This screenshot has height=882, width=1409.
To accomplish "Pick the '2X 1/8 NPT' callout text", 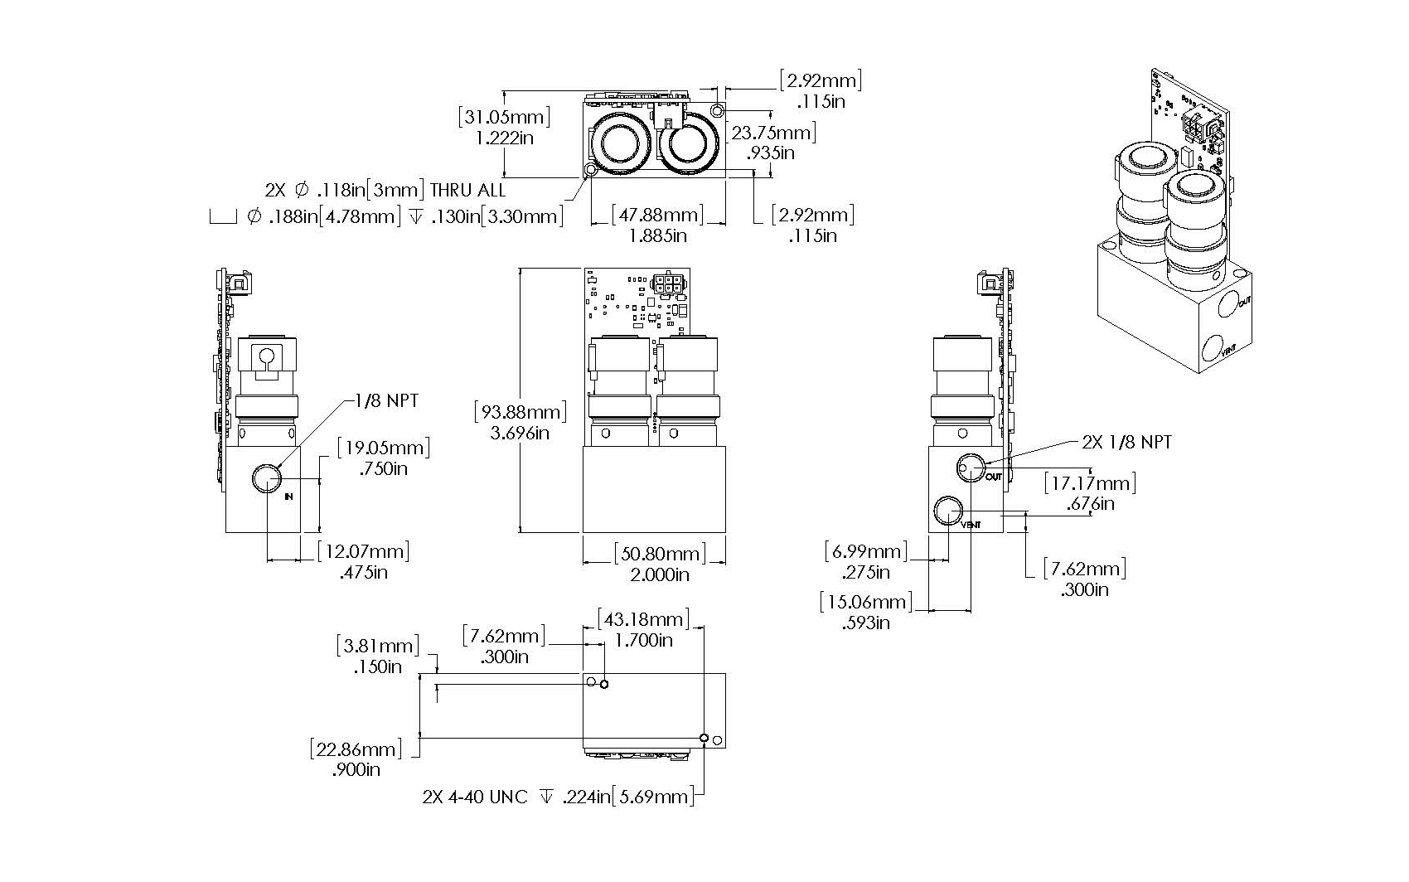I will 1126,442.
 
